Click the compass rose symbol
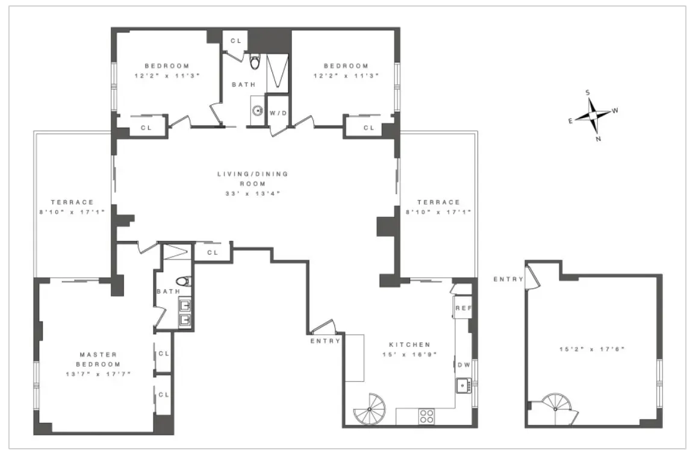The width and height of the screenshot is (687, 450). point(593,115)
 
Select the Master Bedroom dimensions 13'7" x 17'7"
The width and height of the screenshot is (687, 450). point(98,374)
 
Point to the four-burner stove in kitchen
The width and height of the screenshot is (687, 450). point(426,416)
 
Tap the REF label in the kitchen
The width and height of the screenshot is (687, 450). point(462,308)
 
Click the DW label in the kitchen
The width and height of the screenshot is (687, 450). point(464,364)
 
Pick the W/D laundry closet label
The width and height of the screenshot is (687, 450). point(278,113)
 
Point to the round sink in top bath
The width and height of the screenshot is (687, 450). point(257,111)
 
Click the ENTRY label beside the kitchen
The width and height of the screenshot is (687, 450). point(325,341)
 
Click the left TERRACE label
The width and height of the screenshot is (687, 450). point(72,202)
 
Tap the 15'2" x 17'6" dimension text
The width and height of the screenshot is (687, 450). point(591,349)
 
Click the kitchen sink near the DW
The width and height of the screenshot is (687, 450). point(463,383)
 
